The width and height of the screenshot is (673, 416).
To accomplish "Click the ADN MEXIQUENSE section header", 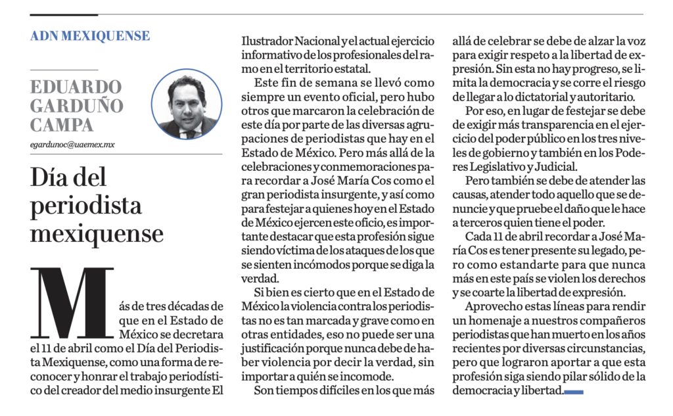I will [90, 35].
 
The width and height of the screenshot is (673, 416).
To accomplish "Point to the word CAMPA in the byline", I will [62, 124].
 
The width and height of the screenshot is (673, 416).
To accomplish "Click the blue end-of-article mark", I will [574, 392].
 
